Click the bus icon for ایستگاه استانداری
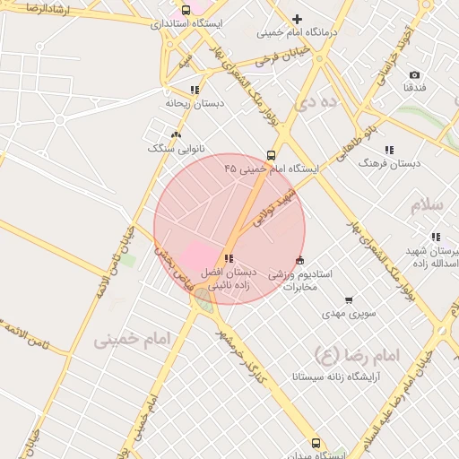186,10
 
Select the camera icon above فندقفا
413,74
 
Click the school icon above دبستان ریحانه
195,90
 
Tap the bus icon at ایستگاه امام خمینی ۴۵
271,155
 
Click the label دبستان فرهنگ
389,163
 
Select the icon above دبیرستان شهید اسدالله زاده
435,237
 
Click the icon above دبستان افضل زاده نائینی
228,258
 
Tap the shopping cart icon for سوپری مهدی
348,300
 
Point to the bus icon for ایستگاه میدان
315,443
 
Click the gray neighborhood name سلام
427,204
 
